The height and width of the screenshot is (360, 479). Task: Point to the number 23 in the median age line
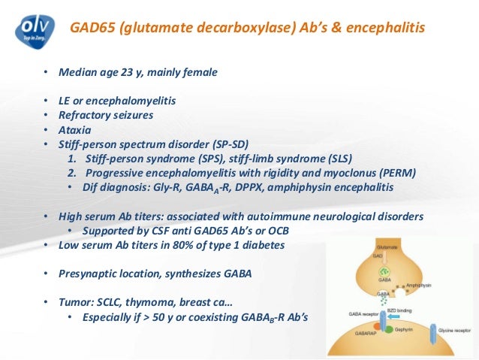coord(124,73)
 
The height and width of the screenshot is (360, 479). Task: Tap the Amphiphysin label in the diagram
coord(422,285)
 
